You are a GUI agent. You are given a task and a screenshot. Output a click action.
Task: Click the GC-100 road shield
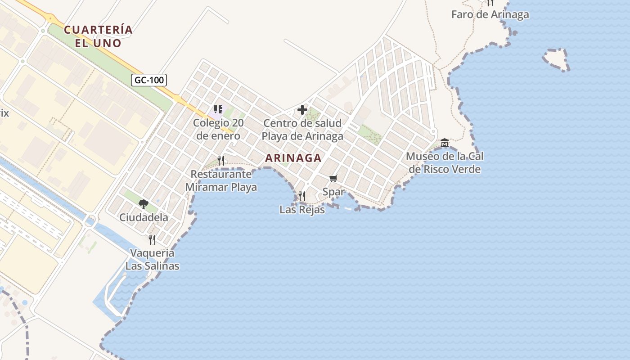pos(149,80)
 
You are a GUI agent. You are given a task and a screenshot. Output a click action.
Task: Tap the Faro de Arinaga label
pos(490,14)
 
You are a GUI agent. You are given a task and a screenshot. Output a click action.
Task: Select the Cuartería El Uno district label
pos(98,36)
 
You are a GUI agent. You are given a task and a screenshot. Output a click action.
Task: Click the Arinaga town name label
pos(293,158)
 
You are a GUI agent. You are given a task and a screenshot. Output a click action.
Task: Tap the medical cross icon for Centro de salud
pos(302,110)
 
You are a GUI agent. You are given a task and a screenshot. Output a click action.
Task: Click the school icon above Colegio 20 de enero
pos(218,109)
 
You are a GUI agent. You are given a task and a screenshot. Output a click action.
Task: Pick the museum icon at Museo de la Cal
pos(445,143)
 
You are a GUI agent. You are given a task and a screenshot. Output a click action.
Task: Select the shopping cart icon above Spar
pos(333,179)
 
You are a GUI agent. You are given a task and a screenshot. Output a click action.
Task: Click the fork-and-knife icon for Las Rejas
pos(302,196)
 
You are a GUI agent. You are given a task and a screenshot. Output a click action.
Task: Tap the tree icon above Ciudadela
pos(144,204)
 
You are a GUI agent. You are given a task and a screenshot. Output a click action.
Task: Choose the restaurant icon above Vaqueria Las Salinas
pos(152,239)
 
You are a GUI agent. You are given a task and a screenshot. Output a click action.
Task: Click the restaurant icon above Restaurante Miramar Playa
pos(221,161)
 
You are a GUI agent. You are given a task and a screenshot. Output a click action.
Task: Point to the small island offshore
pos(556,59)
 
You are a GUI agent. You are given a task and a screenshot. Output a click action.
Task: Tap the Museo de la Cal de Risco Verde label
pos(445,163)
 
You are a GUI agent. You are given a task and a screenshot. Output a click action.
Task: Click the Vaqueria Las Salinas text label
pos(152,260)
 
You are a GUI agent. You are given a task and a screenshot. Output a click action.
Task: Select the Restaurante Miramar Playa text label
pos(221,181)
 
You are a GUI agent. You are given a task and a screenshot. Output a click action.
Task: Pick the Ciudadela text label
pos(144,218)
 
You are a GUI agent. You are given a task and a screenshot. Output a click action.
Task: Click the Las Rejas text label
pos(302,210)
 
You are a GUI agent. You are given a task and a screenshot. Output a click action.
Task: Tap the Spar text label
pos(333,192)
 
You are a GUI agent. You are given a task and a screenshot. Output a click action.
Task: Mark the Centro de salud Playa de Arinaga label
pos(302,130)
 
